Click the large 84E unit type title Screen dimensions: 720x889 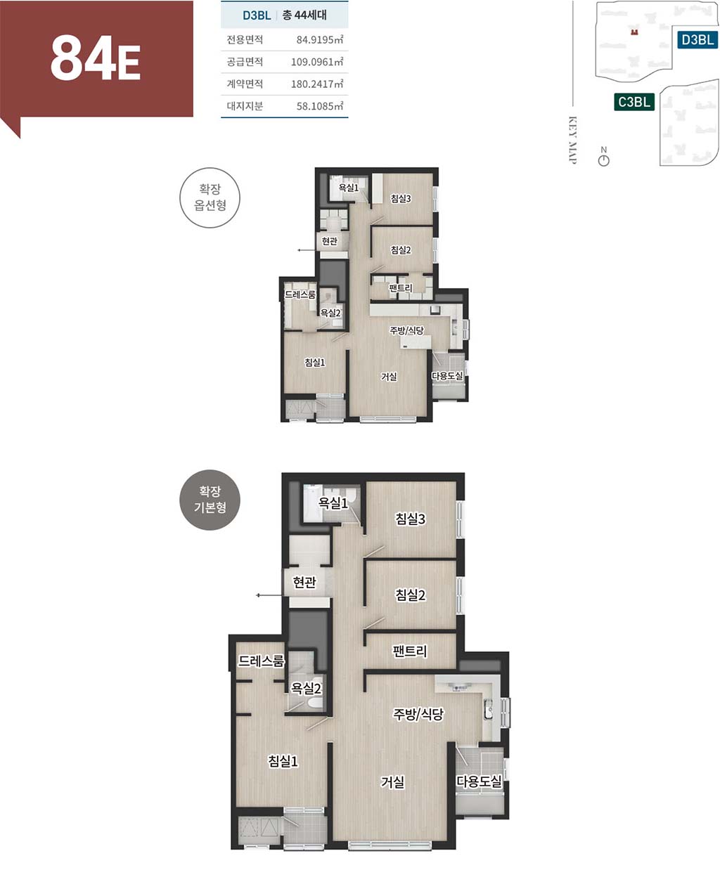95,58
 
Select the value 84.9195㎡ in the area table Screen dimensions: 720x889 319,39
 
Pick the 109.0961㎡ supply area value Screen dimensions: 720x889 316,62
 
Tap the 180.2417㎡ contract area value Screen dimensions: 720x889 316,84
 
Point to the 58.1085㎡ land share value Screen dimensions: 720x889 319,106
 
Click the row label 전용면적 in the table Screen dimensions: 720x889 245,39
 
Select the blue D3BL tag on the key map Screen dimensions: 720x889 697,39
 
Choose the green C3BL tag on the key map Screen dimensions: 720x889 634,102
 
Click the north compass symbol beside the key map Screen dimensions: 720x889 603,157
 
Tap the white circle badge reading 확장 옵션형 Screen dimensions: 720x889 210,197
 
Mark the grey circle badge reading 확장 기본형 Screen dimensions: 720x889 210,500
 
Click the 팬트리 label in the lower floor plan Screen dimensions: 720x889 409,651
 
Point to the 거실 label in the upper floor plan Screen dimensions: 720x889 388,377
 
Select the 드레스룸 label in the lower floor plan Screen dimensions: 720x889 261,661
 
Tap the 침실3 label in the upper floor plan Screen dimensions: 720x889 401,199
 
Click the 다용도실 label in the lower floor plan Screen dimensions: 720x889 479,781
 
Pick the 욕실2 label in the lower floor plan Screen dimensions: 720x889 306,688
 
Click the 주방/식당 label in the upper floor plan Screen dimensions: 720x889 406,330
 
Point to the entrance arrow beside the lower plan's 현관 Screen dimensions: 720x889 269,595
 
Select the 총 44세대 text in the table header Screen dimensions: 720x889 304,15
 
